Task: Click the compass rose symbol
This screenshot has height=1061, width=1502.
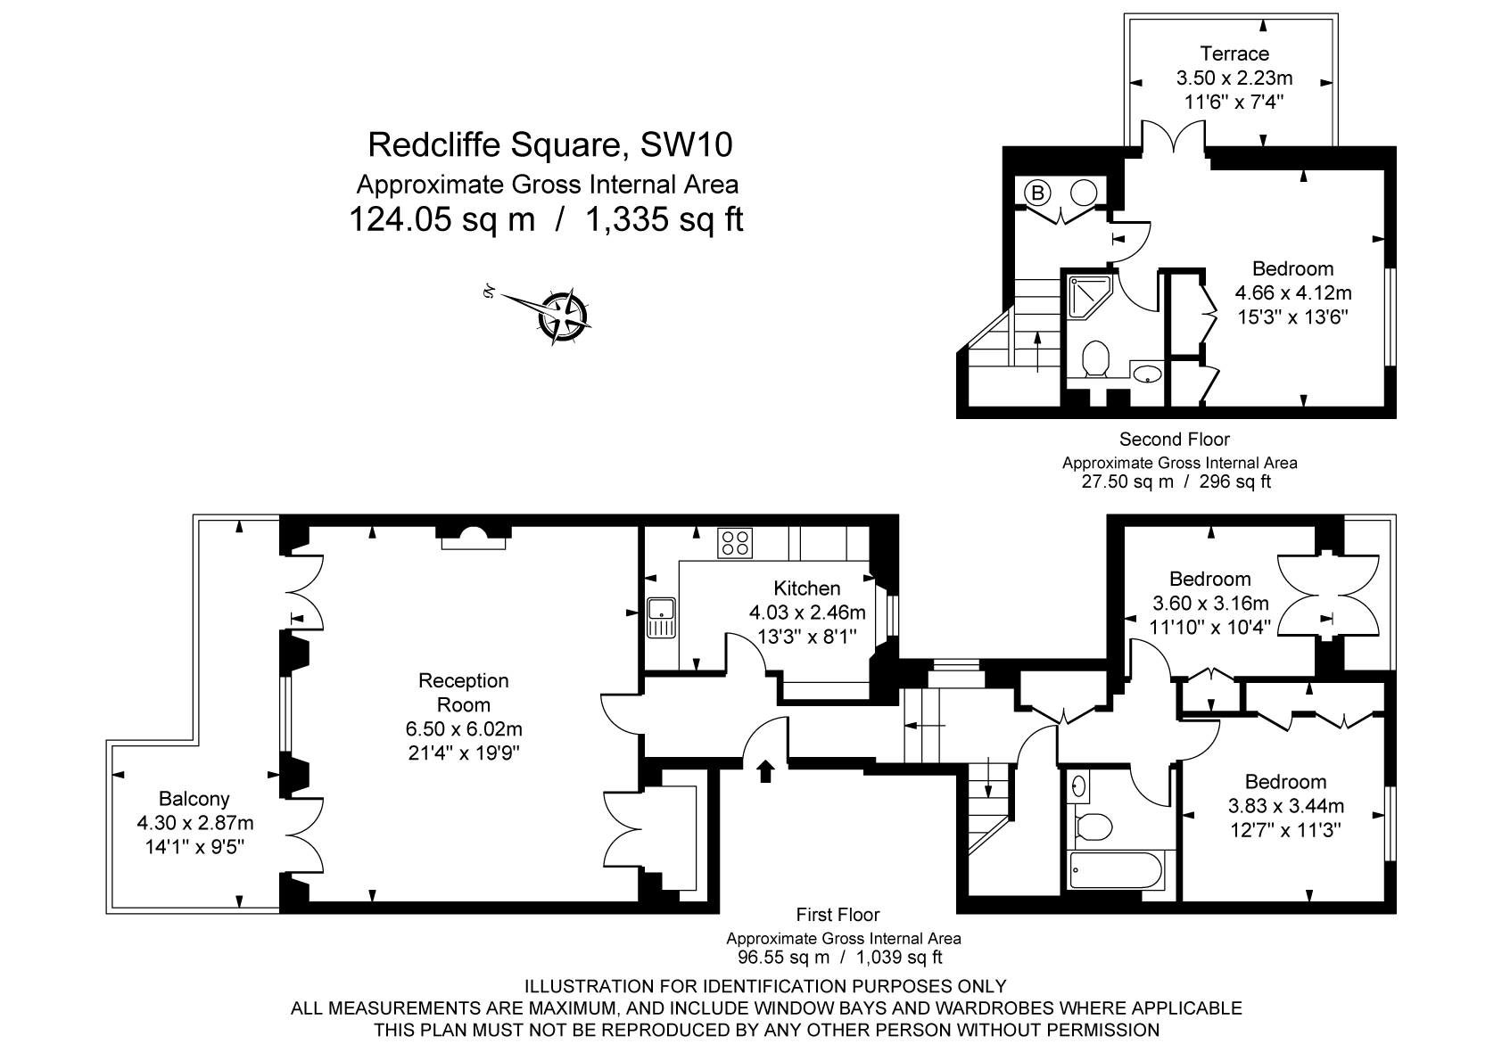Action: pyautogui.click(x=564, y=316)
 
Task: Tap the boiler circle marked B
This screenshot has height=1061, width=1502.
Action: pyautogui.click(x=1037, y=192)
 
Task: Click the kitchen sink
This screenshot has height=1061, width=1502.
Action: pyautogui.click(x=662, y=616)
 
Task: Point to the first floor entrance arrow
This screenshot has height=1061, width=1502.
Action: pyautogui.click(x=764, y=770)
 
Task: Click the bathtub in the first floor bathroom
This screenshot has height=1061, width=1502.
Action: pyautogui.click(x=1116, y=870)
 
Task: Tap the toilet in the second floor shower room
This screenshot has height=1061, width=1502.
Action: pyautogui.click(x=1095, y=361)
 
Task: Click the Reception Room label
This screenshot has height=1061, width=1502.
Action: pyautogui.click(x=463, y=693)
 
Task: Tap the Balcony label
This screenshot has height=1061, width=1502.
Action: pyautogui.click(x=194, y=799)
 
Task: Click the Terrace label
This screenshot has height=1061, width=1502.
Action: pyautogui.click(x=1234, y=53)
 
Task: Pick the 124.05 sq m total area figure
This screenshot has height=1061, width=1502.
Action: pyautogui.click(x=442, y=219)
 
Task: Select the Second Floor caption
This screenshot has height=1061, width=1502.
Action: pyautogui.click(x=1174, y=440)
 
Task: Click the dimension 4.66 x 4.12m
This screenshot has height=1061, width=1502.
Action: pyautogui.click(x=1292, y=292)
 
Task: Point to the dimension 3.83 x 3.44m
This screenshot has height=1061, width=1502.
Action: pyautogui.click(x=1285, y=806)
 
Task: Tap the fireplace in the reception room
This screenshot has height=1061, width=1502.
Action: pyautogui.click(x=475, y=538)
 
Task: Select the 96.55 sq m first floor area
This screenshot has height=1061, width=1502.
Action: pyautogui.click(x=782, y=958)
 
